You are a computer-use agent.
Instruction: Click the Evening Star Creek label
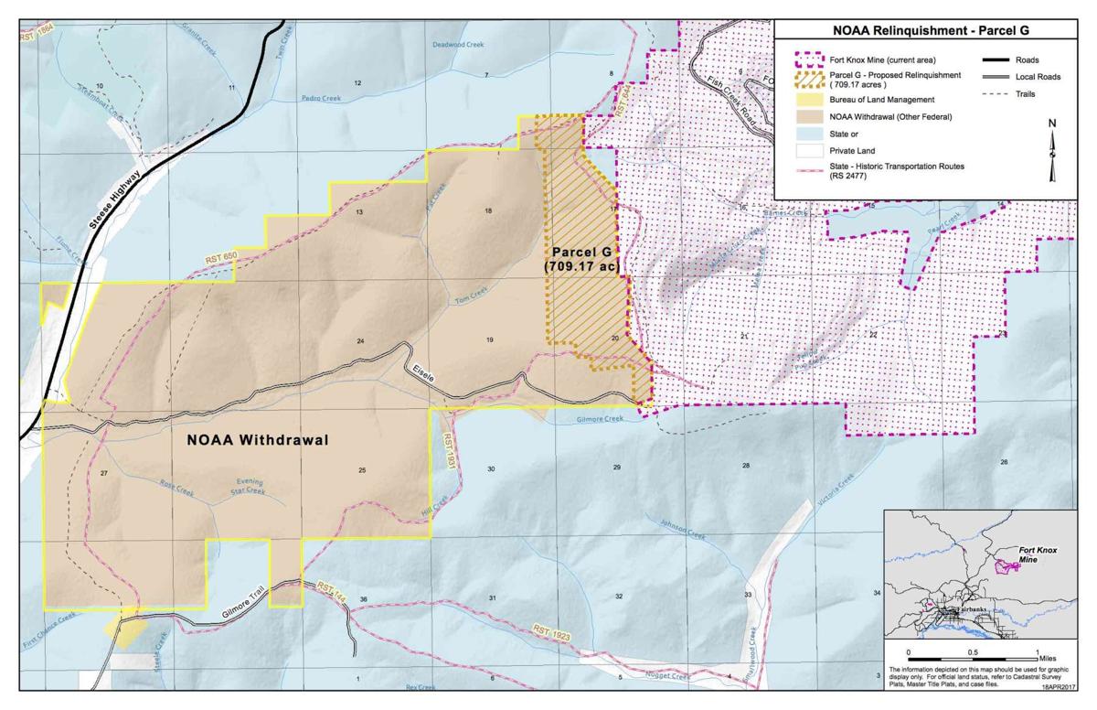pos(250,487)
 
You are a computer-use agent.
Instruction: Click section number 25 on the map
pos(363,470)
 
